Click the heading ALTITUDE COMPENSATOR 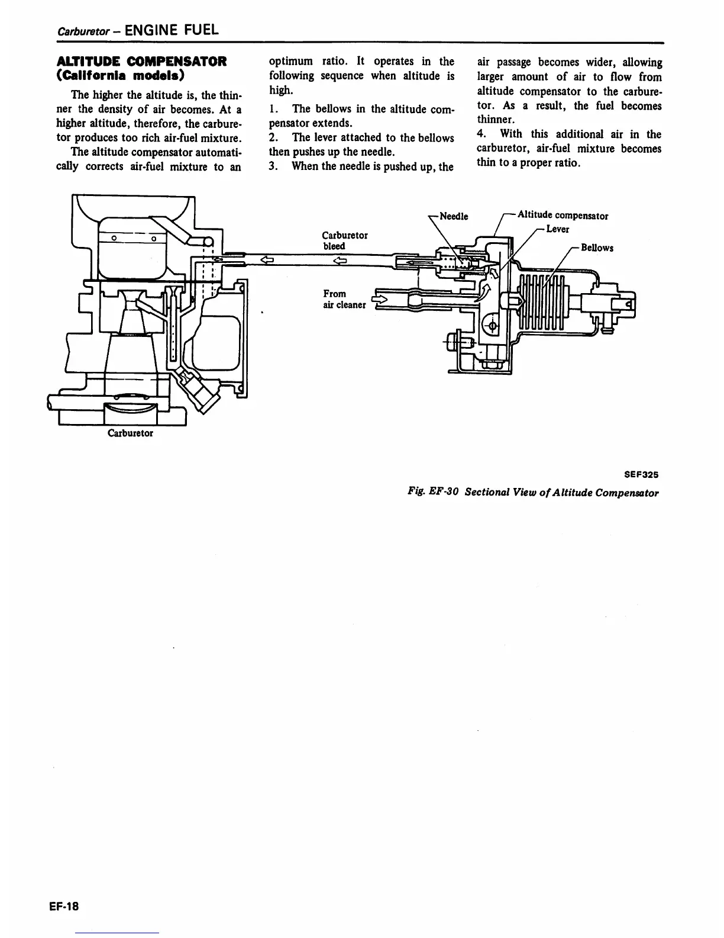[x=141, y=62]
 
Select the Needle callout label [x=454, y=217]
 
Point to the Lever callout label [x=557, y=230]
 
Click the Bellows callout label [x=597, y=248]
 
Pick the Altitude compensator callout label [x=563, y=216]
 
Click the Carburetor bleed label [x=345, y=240]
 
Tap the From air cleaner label [x=344, y=300]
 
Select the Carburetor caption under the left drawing [x=130, y=433]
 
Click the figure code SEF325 [x=641, y=474]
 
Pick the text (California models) [x=120, y=76]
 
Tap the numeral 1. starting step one [x=273, y=109]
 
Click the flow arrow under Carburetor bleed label [x=339, y=259]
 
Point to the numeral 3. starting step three [x=273, y=166]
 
